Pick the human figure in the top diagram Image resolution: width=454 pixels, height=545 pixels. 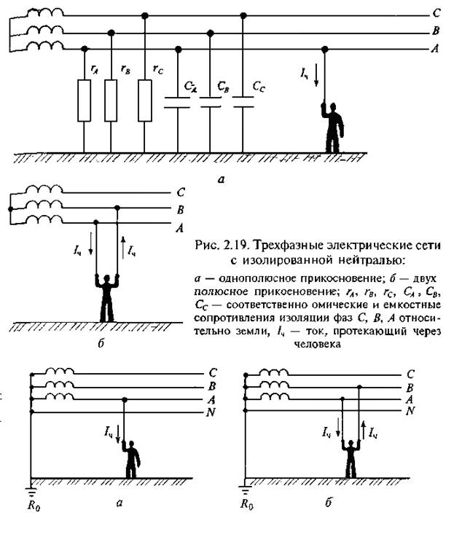pyautogui.click(x=330, y=127)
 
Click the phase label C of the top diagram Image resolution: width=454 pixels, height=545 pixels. pyautogui.click(x=436, y=14)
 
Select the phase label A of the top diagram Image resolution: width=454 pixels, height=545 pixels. pyautogui.click(x=436, y=50)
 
